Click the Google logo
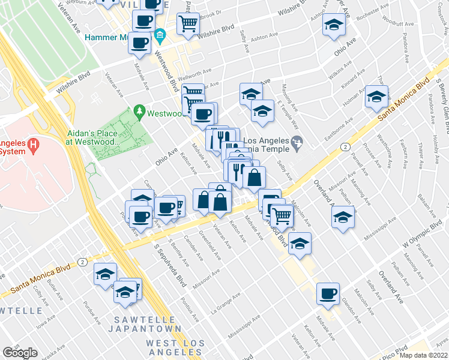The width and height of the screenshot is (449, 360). (20, 353)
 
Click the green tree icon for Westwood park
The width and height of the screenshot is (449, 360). (140, 111)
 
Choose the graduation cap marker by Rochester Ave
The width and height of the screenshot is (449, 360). (333, 25)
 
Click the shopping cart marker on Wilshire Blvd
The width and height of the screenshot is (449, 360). (188, 23)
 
